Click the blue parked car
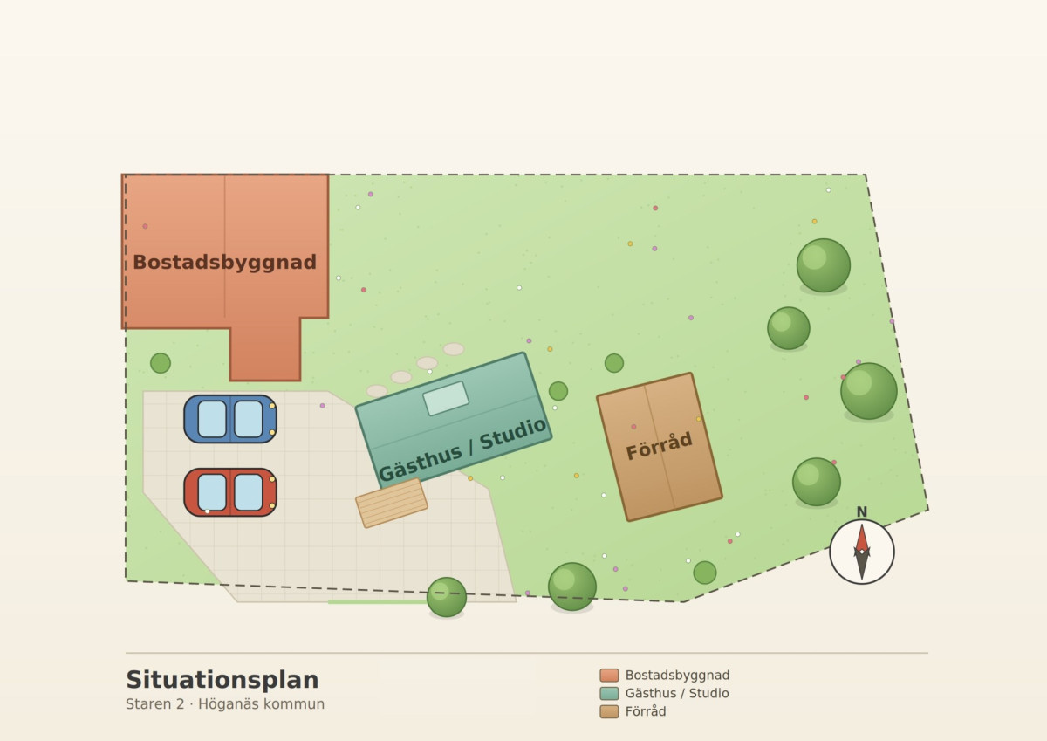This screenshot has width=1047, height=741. pos(230,419)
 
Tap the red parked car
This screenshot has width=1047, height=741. pos(230,492)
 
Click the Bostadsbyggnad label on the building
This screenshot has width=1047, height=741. pos(225,262)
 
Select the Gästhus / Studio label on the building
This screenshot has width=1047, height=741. pos(462,449)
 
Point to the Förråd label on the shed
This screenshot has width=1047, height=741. pos(659,446)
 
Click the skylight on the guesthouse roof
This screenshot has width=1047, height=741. pos(446,398)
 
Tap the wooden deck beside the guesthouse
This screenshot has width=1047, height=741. pos(392,503)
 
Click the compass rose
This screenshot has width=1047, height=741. pos(862,552)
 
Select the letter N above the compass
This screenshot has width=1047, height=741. pos(862,512)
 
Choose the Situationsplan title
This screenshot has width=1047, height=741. pos(222,680)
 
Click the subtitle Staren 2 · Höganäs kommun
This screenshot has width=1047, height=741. pos(225,704)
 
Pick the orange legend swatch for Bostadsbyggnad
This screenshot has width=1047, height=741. pos(609,675)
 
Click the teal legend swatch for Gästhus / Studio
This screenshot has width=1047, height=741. pos(609,693)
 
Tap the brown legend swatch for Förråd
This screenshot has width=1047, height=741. pos(609,711)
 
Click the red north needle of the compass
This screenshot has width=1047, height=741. pos(862,539)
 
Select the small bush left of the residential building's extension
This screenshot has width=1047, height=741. pos(161,363)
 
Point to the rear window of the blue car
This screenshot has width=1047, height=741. pos(212,419)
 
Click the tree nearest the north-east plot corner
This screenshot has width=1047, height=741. pos(823,265)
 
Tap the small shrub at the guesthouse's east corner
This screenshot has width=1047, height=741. pos(558,391)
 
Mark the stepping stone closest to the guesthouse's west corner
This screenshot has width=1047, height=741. pos(377,391)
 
